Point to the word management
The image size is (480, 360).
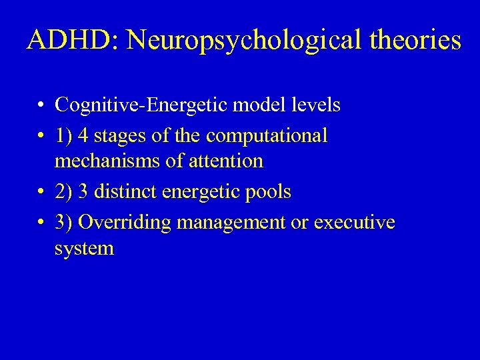tap(230, 223)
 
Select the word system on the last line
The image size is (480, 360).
tap(84, 249)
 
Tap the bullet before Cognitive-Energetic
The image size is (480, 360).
tap(41, 106)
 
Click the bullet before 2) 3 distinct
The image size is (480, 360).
tap(41, 193)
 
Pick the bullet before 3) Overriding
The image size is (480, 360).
tap(41, 223)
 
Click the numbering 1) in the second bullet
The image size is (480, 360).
tap(63, 136)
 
